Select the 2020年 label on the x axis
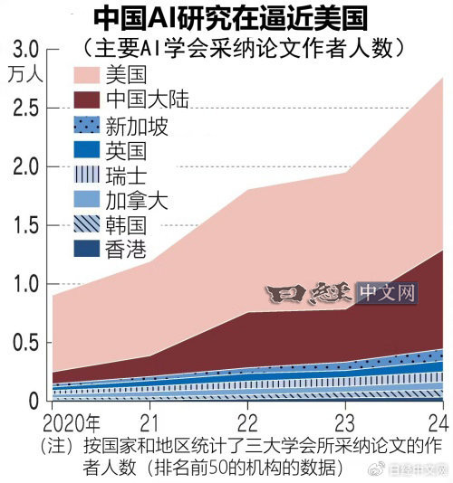(71, 422)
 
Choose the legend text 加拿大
(137, 201)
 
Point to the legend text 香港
(127, 251)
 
